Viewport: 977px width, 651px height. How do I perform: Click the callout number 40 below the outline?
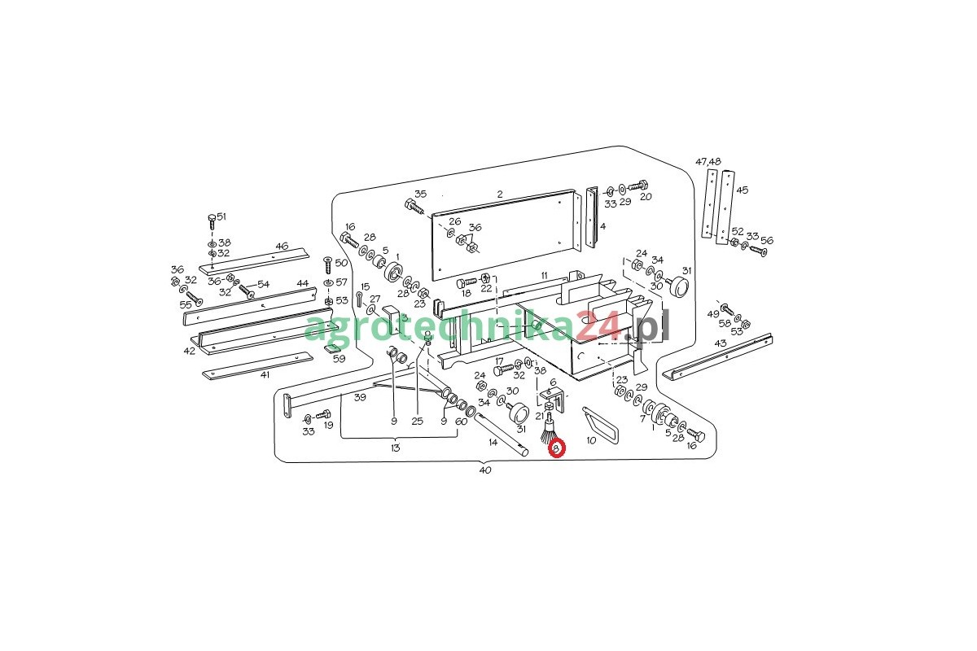(485, 470)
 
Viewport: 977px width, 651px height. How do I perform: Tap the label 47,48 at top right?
(708, 162)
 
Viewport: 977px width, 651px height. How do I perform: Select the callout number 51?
(221, 216)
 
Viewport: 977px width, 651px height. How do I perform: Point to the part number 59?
(340, 358)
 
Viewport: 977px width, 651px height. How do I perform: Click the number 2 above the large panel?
(500, 194)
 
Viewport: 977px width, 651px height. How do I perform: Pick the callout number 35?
(420, 194)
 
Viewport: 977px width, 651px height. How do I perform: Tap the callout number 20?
(646, 196)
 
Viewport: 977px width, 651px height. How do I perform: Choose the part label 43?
(720, 343)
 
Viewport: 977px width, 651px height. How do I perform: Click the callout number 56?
(767, 240)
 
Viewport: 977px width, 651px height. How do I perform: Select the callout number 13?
(396, 448)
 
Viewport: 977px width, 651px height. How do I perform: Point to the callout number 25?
(418, 422)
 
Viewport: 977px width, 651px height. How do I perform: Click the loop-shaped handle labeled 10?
(601, 426)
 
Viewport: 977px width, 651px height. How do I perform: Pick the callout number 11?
(544, 275)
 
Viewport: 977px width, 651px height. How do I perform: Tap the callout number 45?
(742, 190)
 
